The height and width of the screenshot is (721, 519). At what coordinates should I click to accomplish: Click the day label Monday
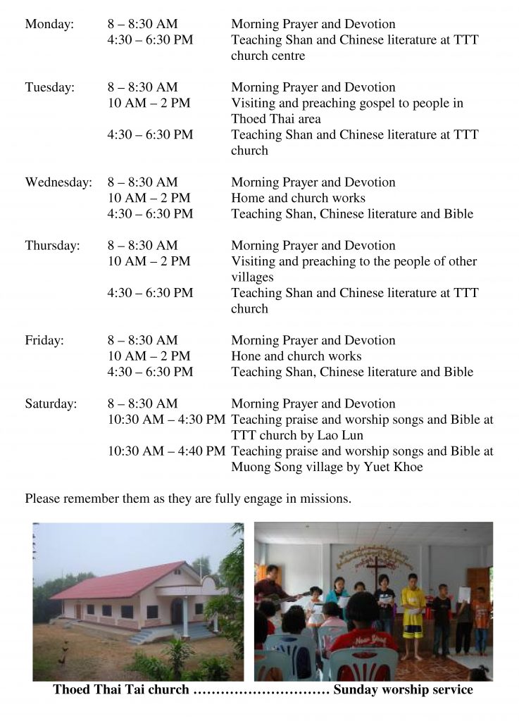[x=49, y=25]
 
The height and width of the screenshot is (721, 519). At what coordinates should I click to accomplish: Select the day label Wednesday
[x=58, y=182]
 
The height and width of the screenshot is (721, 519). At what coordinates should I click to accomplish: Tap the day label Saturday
[x=51, y=404]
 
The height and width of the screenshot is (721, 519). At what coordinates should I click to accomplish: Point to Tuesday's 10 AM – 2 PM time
[x=149, y=104]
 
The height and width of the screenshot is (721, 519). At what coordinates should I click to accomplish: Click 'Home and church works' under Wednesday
[x=298, y=199]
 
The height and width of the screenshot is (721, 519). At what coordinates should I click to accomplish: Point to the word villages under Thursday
[x=252, y=277]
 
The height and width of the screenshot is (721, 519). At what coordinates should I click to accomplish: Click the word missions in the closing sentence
[x=326, y=499]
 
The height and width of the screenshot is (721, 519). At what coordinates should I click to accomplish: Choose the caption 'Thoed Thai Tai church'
[x=121, y=690]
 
